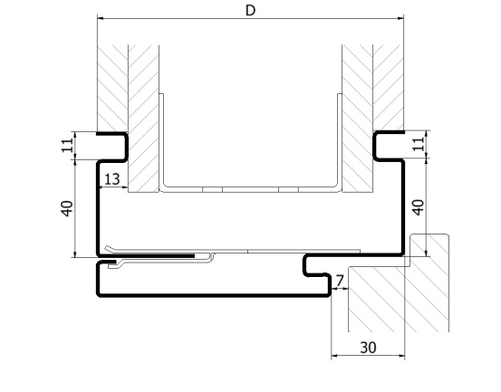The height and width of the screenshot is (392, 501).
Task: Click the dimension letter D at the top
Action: [250, 11]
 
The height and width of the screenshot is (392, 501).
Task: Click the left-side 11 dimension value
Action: [67, 146]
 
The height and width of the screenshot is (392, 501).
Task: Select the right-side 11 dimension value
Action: [419, 144]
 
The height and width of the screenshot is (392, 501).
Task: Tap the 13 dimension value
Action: [112, 179]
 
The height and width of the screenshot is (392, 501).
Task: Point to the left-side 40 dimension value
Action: [67, 208]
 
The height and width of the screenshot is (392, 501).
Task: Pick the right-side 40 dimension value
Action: [419, 207]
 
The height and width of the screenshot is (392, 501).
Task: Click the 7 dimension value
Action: [340, 281]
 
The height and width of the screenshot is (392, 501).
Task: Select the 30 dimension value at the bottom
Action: [368, 348]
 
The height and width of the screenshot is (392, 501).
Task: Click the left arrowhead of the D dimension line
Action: [101, 18]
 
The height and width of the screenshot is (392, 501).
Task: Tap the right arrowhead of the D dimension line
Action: [400, 18]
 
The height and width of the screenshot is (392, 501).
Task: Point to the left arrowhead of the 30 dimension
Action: [334, 355]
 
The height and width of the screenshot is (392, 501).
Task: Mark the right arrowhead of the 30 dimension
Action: [401, 355]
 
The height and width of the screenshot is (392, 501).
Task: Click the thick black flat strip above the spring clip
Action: [150, 255]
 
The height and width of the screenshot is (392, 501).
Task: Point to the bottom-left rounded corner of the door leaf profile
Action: [99, 294]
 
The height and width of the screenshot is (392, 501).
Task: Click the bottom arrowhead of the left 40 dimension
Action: [75, 253]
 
